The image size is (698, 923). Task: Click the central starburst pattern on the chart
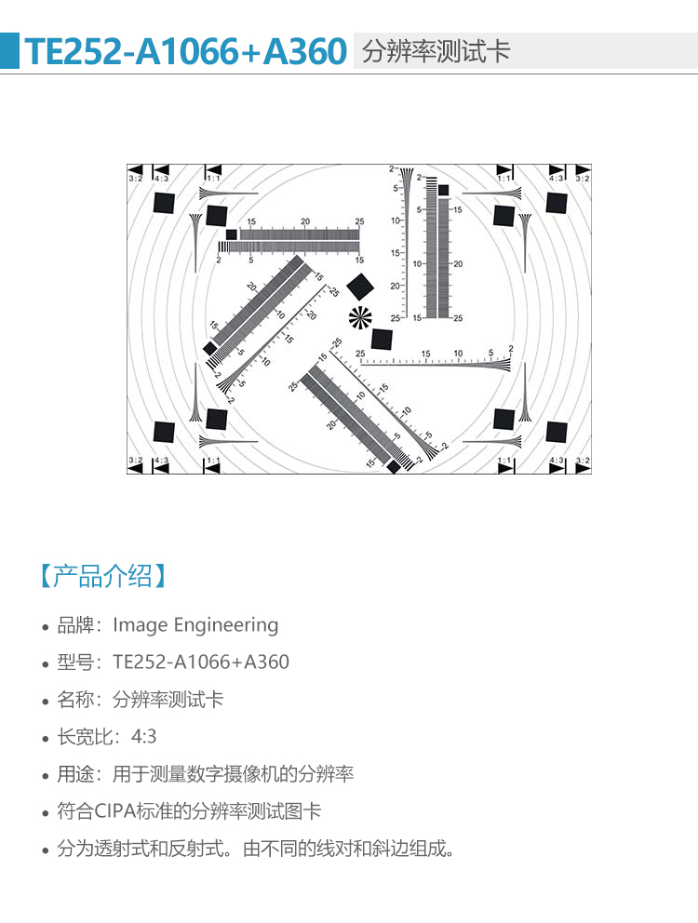click(360, 318)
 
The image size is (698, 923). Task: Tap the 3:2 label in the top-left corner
click(135, 178)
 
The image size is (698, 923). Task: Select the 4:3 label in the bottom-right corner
click(557, 461)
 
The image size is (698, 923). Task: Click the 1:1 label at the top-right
click(504, 178)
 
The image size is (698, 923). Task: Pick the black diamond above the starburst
click(360, 287)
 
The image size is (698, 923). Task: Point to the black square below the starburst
click(382, 340)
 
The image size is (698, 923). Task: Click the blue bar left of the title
click(9, 50)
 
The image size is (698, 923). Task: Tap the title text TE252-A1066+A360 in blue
click(185, 51)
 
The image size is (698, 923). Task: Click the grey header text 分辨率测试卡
click(436, 51)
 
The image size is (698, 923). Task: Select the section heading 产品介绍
click(103, 576)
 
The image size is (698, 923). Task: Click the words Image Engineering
click(195, 625)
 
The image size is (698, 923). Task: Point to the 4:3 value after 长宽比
click(143, 736)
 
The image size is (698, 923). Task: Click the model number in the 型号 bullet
click(201, 662)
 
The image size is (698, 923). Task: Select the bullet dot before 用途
click(46, 776)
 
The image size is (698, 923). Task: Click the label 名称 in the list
click(74, 700)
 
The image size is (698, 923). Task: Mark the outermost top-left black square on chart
click(164, 203)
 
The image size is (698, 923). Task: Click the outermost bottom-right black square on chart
click(556, 432)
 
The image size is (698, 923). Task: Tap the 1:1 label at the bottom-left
click(212, 461)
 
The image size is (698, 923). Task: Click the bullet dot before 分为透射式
click(46, 850)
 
